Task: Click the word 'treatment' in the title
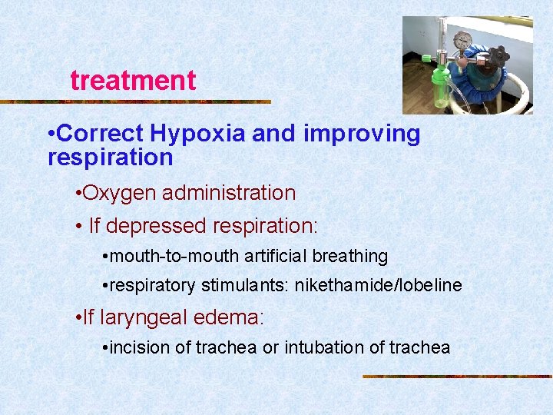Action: [133, 80]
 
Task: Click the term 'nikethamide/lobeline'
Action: [375, 286]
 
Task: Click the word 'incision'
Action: [141, 347]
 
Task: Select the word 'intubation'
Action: [324, 347]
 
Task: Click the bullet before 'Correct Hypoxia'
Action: [51, 134]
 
